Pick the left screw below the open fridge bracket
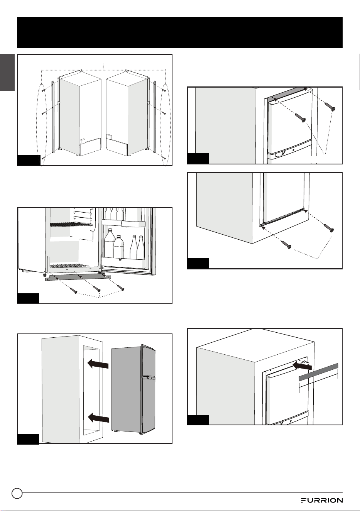74,290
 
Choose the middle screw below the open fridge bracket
97,289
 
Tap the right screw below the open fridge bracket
121,288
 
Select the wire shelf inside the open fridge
71,224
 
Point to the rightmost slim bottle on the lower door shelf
141,247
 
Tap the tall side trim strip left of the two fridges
53,117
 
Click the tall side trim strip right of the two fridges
154,117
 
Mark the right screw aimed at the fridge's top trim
330,107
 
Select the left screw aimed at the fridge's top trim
300,118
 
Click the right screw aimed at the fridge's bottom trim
329,228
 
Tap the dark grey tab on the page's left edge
7,72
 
